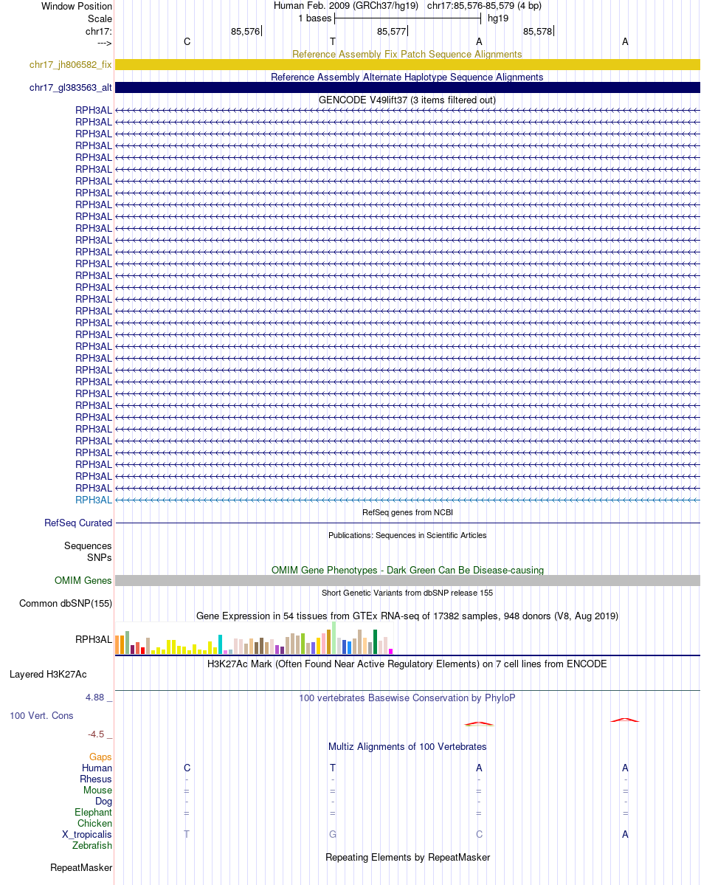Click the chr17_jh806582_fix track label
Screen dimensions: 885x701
70,65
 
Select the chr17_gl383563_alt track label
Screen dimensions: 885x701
70,88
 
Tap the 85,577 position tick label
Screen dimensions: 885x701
391,32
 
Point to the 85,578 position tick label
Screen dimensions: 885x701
537,32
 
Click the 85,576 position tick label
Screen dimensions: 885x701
245,32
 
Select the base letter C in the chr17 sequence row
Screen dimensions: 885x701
187,42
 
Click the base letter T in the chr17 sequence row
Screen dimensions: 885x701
333,42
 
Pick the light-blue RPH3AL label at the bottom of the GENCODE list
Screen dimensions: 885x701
94,500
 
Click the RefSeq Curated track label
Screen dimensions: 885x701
78,523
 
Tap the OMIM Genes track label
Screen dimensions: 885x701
83,581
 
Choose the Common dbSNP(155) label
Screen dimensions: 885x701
66,604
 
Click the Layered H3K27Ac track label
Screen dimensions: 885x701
48,674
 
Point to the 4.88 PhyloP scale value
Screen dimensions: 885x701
98,697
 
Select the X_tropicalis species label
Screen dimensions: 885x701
87,835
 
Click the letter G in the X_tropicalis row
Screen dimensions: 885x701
333,835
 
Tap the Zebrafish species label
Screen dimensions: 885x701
93,846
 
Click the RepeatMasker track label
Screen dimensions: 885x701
81,867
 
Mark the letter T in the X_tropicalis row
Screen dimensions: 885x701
187,835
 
